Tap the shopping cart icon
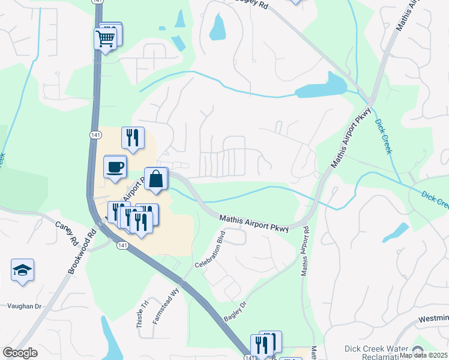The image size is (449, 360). (105, 39)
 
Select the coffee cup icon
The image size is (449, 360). (115, 167)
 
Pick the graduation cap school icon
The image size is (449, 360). (22, 271)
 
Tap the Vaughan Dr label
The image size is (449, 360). (24, 306)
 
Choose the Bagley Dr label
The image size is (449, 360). (235, 311)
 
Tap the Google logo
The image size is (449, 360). (20, 353)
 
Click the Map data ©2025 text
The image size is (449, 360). (423, 355)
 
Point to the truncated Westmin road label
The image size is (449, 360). (432, 318)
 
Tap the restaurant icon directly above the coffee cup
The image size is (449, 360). (133, 137)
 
